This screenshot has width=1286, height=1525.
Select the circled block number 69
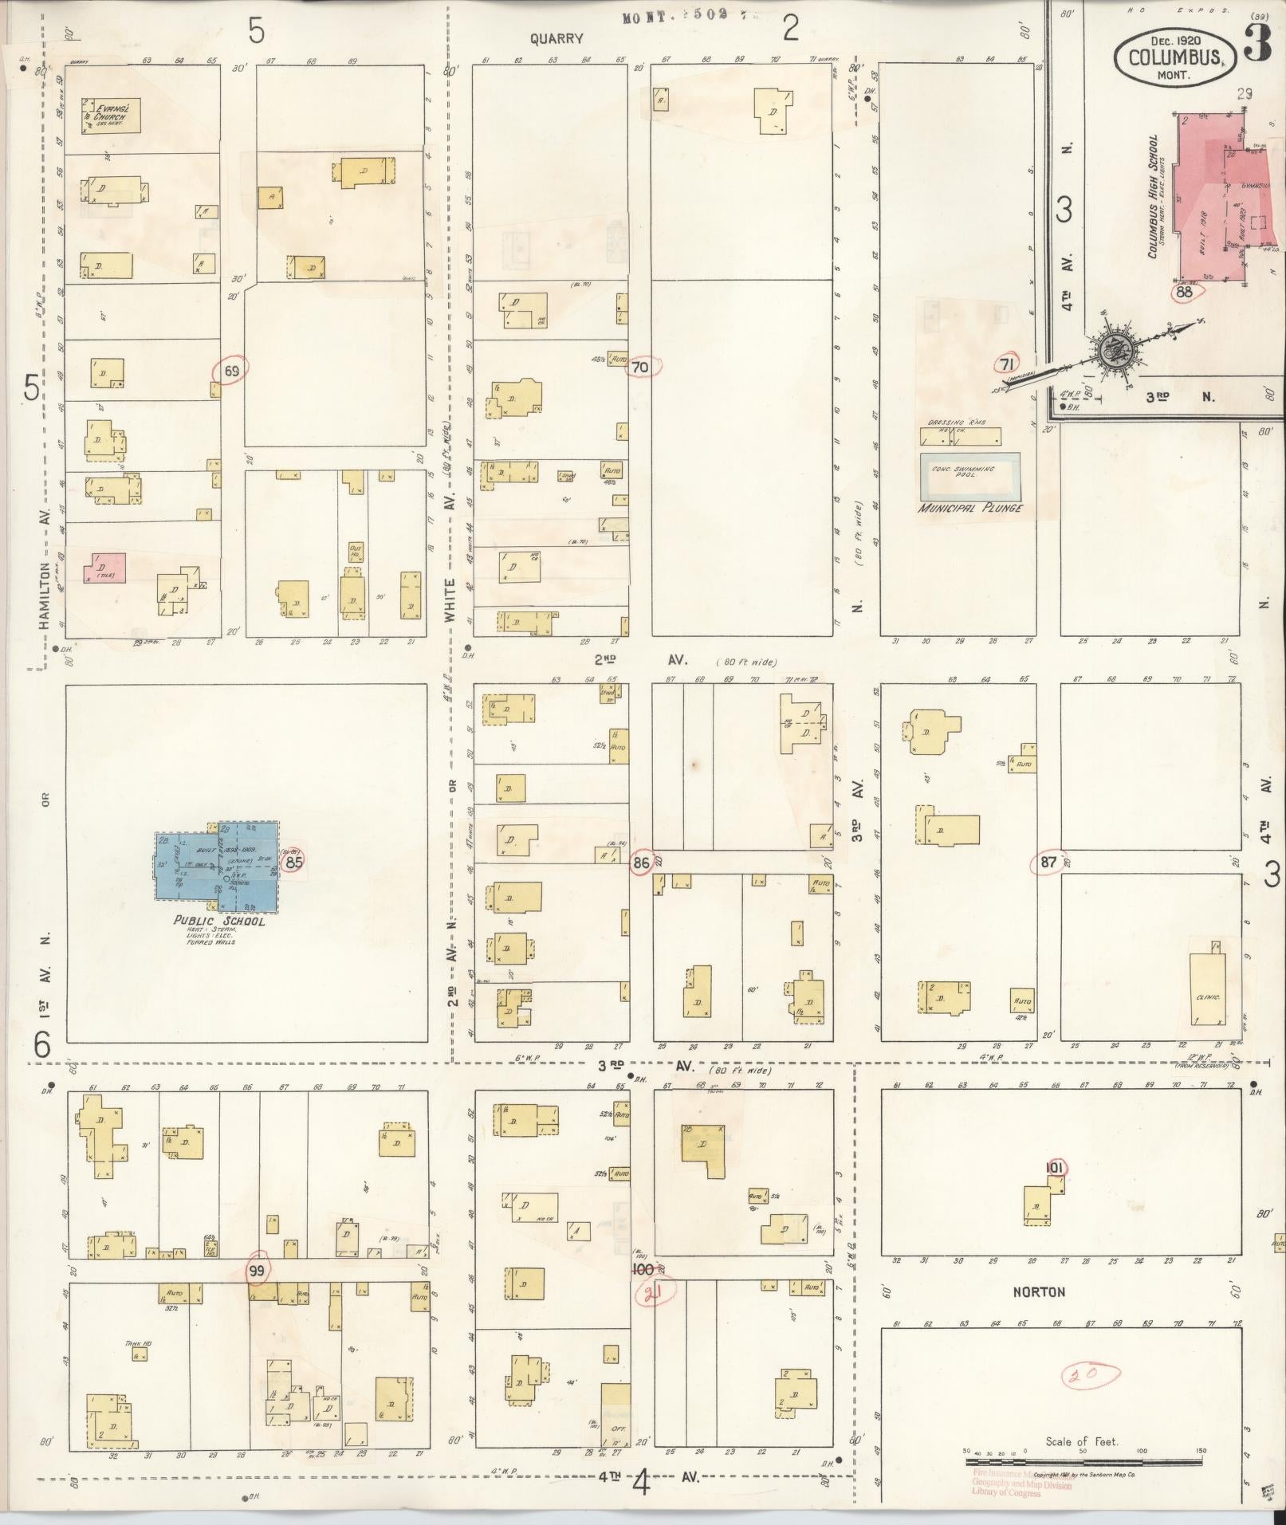232,370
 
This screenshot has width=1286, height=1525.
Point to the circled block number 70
640,367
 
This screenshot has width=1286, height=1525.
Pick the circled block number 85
294,861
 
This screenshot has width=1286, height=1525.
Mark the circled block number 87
1048,862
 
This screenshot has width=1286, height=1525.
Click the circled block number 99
257,1269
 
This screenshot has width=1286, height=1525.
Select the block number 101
1055,1167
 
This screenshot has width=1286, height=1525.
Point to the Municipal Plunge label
969,508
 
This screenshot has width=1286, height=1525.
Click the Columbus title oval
1174,57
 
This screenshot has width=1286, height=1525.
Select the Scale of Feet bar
1083,1462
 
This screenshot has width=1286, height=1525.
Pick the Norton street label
1039,1291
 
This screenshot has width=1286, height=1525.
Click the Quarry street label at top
556,37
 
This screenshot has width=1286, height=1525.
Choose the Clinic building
1208,988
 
